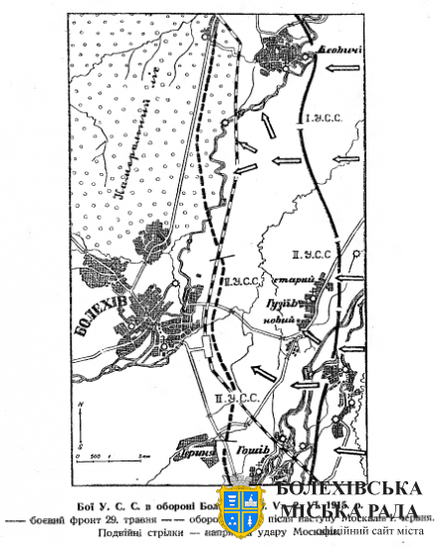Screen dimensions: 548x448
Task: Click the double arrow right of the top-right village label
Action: click(340, 64)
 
